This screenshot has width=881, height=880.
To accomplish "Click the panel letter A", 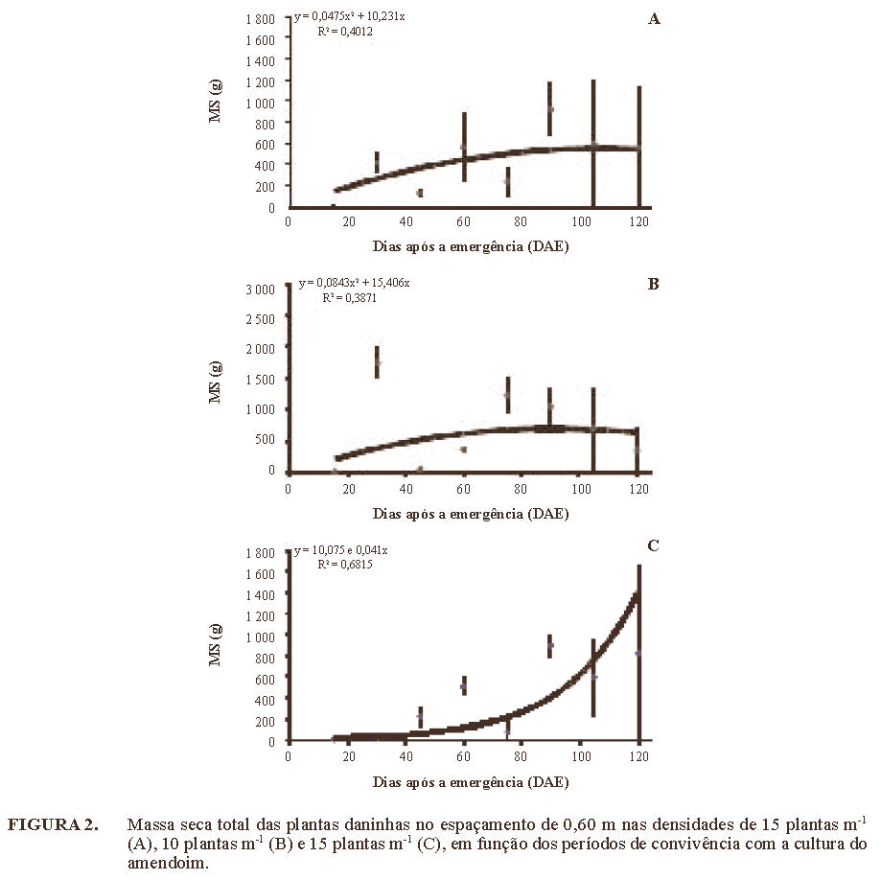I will click(655, 18).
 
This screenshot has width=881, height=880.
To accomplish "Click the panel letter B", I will click(653, 285).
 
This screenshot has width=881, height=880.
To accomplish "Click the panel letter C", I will click(653, 545).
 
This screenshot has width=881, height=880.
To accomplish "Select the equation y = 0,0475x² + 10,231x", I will click(349, 16).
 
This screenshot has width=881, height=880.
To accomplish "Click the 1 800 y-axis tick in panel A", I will click(260, 19).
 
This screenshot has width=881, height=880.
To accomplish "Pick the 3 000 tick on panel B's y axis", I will click(260, 289).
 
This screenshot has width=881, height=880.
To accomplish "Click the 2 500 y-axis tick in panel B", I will click(260, 319).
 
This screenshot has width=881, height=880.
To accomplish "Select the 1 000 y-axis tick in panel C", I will click(260, 637).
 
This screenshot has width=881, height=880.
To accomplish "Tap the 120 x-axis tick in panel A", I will click(639, 220).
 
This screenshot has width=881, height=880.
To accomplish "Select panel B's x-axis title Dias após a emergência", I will click(470, 514).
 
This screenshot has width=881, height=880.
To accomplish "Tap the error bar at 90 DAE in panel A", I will click(550, 108).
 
